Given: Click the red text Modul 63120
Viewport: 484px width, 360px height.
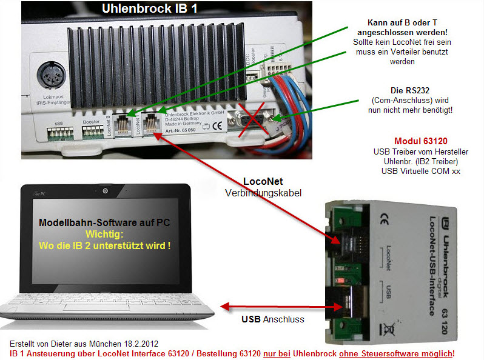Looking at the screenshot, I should click(x=421, y=141).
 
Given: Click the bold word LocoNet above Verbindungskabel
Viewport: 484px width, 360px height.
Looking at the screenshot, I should click(x=263, y=181).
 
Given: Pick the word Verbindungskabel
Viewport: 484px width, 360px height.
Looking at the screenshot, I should click(x=263, y=193).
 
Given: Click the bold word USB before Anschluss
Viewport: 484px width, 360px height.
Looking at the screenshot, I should click(x=251, y=319).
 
